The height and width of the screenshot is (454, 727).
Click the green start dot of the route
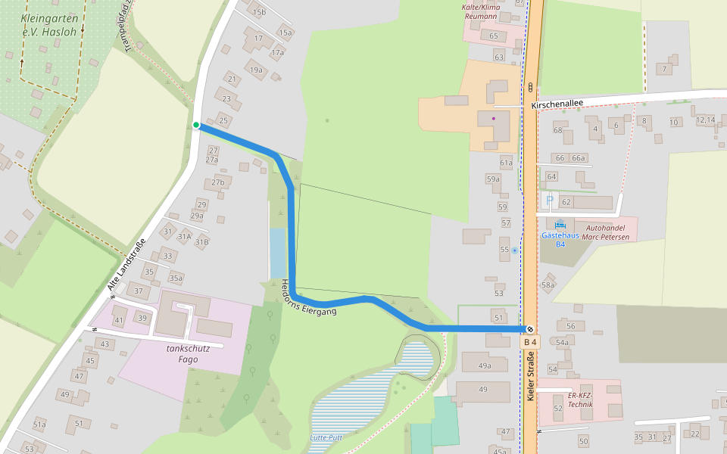196,125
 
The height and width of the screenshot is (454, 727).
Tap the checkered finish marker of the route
530,329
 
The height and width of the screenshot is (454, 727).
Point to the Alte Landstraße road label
126,265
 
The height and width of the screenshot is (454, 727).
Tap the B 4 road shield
530,343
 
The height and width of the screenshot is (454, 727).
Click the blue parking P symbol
550,201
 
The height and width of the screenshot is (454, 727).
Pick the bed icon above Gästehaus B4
560,224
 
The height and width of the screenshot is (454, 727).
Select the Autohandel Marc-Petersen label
605,232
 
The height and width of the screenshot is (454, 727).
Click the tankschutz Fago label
183,354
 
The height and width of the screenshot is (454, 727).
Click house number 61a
506,163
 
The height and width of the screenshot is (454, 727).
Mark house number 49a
485,365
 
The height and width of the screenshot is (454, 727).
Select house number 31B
201,242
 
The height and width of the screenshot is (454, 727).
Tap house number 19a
256,70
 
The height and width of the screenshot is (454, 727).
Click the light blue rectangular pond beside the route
278,253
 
